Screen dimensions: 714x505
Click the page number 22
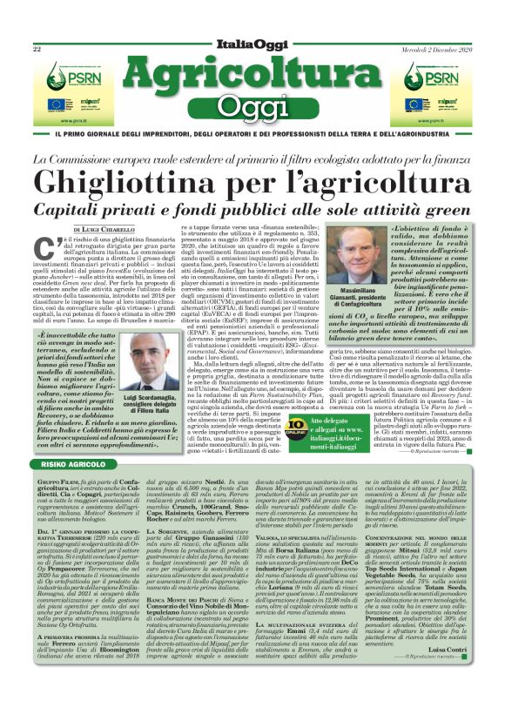(37, 49)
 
